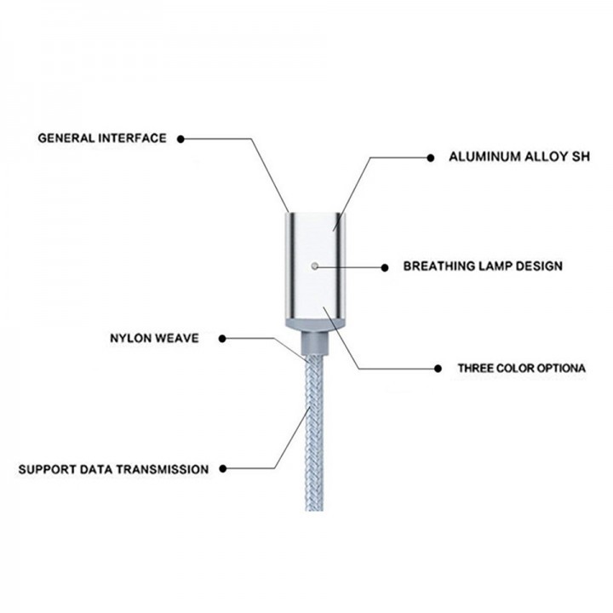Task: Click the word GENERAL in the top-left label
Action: point(65,138)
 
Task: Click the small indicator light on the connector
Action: point(315,266)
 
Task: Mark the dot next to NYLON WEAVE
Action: point(222,339)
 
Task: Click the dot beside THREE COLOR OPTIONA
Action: point(438,369)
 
